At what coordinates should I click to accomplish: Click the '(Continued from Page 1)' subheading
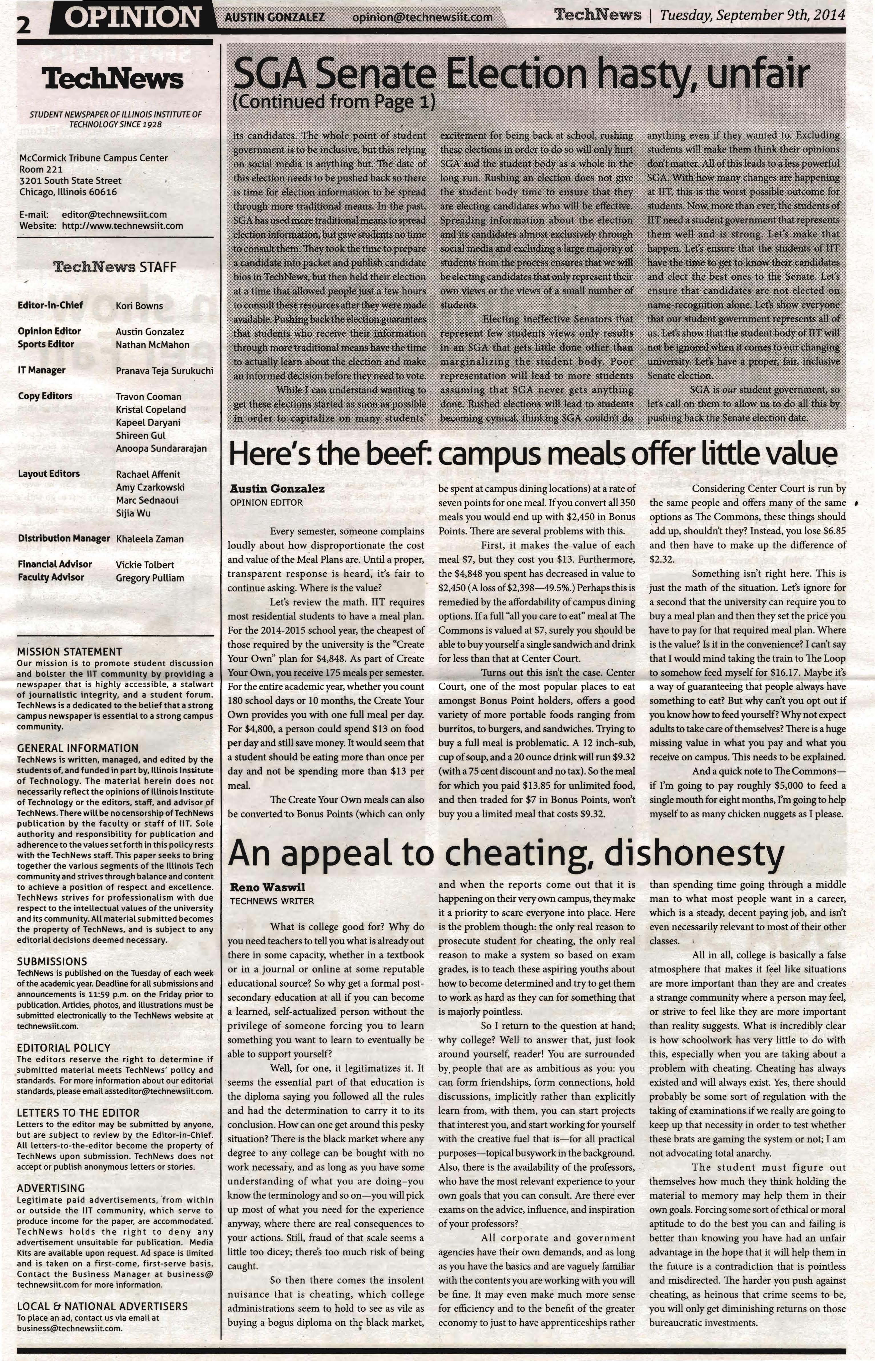coord(334,102)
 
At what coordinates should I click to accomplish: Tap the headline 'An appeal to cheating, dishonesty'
coord(506,853)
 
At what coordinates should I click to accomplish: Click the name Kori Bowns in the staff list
coord(139,306)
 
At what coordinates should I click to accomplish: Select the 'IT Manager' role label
coord(41,370)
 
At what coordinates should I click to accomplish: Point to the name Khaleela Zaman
coord(150,539)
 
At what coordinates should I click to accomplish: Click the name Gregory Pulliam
coord(150,578)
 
